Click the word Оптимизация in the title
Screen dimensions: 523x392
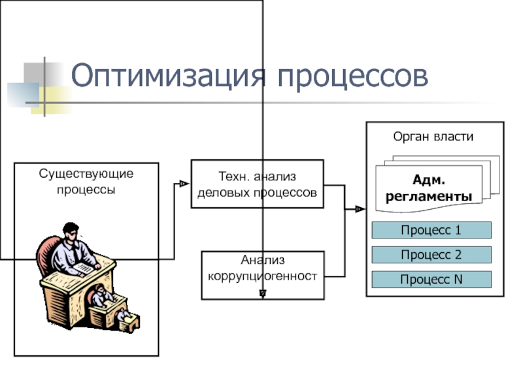pos(169,76)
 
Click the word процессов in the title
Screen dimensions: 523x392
pos(352,77)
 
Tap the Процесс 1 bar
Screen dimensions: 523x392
pos(431,230)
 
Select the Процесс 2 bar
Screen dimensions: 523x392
pos(431,255)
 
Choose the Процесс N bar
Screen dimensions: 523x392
pos(431,280)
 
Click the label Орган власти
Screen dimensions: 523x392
pos(433,137)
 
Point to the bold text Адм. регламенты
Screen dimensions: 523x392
pos(429,188)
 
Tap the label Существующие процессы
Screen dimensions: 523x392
pos(86,182)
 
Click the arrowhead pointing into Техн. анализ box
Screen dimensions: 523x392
pos(184,184)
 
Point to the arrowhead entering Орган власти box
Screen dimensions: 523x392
pos(360,209)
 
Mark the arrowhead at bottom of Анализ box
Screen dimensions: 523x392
pos(263,293)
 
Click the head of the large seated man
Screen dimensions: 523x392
pos(71,233)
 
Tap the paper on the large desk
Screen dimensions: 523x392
pos(84,268)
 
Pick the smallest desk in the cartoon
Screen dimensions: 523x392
pos(127,321)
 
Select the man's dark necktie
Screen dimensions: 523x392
pos(76,253)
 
